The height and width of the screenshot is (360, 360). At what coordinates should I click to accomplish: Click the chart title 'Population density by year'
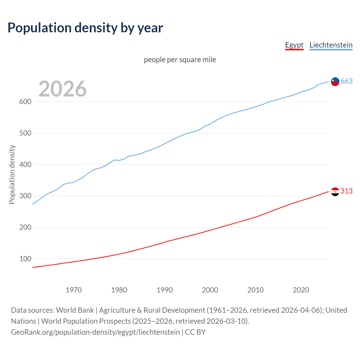tap(85, 28)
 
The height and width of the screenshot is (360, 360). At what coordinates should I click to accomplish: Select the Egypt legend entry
tap(294, 45)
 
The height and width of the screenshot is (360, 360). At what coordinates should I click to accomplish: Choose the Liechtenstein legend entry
tap(331, 45)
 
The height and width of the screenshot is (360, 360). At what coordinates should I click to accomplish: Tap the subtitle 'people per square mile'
tap(180, 60)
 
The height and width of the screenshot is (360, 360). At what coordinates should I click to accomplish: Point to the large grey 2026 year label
tap(62, 89)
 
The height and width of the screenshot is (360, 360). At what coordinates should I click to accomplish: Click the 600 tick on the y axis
tap(25, 102)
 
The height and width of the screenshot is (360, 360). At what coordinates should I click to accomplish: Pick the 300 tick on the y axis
tap(25, 196)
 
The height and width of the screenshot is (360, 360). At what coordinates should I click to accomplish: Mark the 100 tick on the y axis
tap(25, 259)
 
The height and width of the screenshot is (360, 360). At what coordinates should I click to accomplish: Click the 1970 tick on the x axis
tap(74, 290)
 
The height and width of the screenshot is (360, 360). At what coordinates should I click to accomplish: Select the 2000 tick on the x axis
tap(210, 290)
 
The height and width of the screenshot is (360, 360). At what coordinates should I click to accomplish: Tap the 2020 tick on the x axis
tap(301, 290)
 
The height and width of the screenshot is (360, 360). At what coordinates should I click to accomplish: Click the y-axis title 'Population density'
tap(12, 174)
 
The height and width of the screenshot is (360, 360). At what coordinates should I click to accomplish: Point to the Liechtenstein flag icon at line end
tap(335, 82)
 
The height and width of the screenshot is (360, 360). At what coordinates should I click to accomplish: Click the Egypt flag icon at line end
tap(335, 192)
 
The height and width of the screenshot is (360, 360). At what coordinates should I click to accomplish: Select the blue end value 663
tap(346, 81)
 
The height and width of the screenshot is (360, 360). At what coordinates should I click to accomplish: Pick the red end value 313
tap(346, 191)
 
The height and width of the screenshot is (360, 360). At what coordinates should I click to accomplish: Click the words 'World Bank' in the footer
tap(75, 310)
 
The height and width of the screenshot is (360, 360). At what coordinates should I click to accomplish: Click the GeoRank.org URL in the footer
tap(95, 332)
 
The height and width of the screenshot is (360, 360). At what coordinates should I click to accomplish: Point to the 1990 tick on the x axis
tap(165, 290)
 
